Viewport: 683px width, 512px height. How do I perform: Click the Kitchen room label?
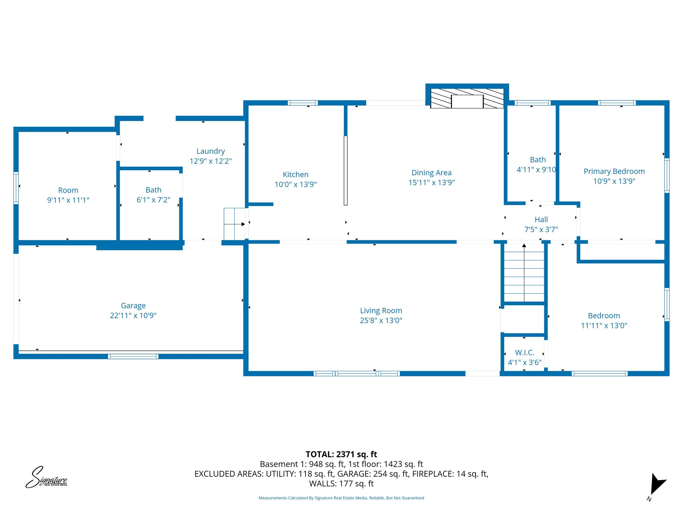(295, 174)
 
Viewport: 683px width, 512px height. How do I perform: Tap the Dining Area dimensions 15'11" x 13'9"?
(432, 183)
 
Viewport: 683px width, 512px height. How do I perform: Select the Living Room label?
(381, 311)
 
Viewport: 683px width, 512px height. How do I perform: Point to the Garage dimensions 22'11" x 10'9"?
(133, 316)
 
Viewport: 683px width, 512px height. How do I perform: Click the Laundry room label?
(210, 151)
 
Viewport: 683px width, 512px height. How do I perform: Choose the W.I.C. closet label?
(525, 353)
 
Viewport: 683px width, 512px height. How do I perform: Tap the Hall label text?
(541, 220)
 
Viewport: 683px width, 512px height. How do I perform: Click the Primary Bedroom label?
(614, 171)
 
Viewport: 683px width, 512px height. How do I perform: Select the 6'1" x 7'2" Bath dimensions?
(153, 200)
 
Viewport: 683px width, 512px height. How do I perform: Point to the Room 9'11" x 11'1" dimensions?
(68, 200)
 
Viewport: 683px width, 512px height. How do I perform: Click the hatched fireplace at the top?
(467, 98)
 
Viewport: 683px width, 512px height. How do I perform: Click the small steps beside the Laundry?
(234, 224)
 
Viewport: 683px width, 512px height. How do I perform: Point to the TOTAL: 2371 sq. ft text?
(341, 454)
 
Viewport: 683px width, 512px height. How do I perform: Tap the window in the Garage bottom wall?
(133, 356)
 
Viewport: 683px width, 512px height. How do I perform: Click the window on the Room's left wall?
(16, 188)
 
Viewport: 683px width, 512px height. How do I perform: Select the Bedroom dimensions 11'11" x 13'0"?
(604, 326)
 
